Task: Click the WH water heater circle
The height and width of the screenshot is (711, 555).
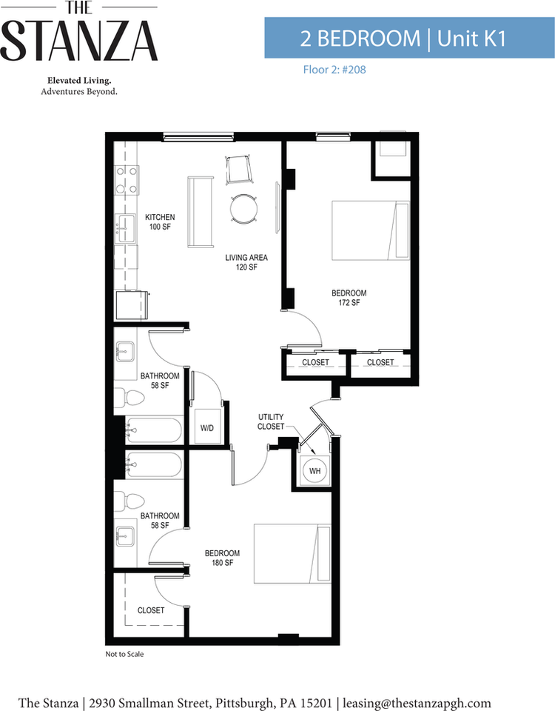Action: pyautogui.click(x=314, y=471)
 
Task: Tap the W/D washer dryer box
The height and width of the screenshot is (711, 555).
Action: pyautogui.click(x=208, y=427)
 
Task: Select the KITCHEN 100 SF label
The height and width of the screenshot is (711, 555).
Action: pyautogui.click(x=160, y=221)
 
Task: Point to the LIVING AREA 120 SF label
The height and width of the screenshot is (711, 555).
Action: pyautogui.click(x=246, y=262)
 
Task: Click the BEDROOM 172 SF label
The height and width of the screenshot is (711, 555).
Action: pyautogui.click(x=349, y=298)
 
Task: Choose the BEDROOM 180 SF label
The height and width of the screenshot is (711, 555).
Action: pyautogui.click(x=222, y=558)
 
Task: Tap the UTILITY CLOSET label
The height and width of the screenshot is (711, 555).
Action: pyautogui.click(x=271, y=421)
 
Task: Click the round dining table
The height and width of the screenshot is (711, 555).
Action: pyautogui.click(x=244, y=209)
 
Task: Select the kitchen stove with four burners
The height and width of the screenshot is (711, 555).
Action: pyautogui.click(x=127, y=180)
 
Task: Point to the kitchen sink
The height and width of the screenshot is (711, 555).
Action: pyautogui.click(x=126, y=229)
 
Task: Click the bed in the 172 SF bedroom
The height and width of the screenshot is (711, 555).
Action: pyautogui.click(x=371, y=230)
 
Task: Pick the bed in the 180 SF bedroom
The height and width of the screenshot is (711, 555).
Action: pyautogui.click(x=292, y=554)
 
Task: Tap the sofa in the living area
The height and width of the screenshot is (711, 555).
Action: pyautogui.click(x=201, y=212)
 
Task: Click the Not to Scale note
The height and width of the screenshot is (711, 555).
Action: pyautogui.click(x=124, y=654)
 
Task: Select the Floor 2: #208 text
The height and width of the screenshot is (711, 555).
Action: pyautogui.click(x=334, y=70)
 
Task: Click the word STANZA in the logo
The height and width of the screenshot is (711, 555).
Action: pyautogui.click(x=79, y=41)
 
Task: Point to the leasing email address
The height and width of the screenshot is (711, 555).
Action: pyautogui.click(x=417, y=703)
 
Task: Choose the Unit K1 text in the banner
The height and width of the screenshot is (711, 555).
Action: pyautogui.click(x=471, y=39)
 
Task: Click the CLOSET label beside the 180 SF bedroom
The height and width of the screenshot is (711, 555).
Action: pyautogui.click(x=151, y=610)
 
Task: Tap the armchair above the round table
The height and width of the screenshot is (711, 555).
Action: pyautogui.click(x=238, y=169)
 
